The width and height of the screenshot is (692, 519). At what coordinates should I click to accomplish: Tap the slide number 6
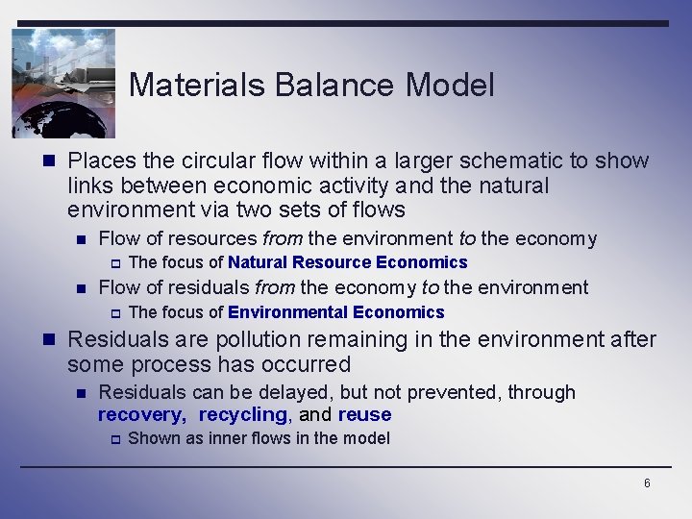click(x=647, y=483)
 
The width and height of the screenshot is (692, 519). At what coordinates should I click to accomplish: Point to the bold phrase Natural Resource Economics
click(x=347, y=262)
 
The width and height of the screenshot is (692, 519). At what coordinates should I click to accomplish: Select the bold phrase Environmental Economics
click(x=335, y=312)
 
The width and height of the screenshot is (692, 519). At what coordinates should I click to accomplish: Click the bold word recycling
click(x=242, y=415)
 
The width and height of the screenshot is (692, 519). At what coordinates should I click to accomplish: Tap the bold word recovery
click(x=141, y=415)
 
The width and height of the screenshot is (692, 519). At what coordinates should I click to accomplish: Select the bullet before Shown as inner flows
click(x=112, y=439)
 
